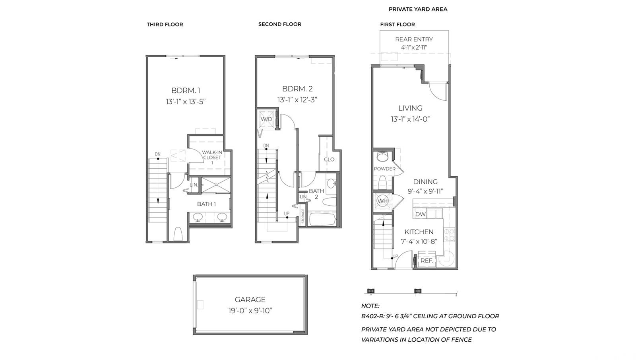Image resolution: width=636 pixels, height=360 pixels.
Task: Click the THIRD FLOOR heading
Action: point(165,24)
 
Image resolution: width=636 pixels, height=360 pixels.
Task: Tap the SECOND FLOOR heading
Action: point(280,24)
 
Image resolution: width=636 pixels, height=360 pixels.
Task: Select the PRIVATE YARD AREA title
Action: point(418,9)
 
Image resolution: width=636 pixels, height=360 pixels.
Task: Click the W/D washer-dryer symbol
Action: point(266,119)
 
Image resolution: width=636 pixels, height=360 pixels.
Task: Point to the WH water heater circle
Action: point(382,201)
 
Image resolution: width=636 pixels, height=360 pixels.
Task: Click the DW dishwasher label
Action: point(420,214)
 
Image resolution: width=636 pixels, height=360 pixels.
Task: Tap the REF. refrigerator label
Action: point(427,261)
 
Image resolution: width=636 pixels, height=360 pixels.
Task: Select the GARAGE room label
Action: point(250,300)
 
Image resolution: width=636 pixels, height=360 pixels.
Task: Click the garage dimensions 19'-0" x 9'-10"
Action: point(250,311)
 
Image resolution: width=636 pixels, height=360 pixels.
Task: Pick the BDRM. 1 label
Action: point(186,90)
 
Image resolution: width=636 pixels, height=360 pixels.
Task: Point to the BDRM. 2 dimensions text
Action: point(297,100)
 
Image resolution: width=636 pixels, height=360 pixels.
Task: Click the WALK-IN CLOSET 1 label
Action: point(212,158)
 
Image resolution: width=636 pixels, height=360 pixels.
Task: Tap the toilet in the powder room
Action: point(382,182)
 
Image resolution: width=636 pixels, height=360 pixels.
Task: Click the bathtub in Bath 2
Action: point(322,219)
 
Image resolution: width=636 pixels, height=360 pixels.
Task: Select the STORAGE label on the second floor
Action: point(302,216)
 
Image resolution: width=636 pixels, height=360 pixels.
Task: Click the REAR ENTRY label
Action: point(414,39)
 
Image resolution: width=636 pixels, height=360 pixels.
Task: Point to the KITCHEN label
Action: point(419,232)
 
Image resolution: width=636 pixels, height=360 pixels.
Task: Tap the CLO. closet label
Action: point(330,160)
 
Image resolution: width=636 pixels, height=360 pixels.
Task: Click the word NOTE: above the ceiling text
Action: point(370,306)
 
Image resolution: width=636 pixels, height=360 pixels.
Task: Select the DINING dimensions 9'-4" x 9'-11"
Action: point(425,191)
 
